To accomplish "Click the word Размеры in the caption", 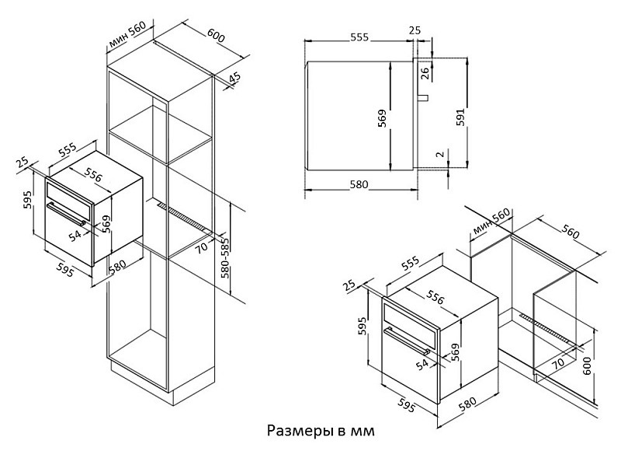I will [x=292, y=430].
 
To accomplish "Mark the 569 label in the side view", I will [x=382, y=118].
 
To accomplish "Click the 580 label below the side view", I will [x=358, y=185].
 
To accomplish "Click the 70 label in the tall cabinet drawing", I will [x=201, y=248].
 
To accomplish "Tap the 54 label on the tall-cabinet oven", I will [x=75, y=234].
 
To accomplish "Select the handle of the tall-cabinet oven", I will [x=70, y=212].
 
